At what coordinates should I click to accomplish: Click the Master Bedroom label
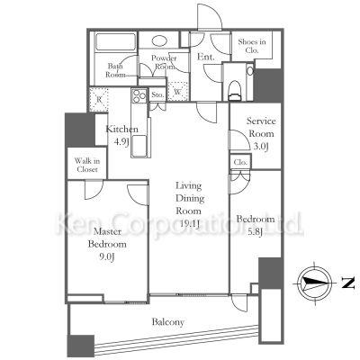(107, 238)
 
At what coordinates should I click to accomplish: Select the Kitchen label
(122, 130)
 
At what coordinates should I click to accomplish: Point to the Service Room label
(260, 127)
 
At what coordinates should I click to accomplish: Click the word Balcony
(168, 322)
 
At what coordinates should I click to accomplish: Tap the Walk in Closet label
(87, 166)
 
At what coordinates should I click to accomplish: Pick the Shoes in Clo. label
(252, 46)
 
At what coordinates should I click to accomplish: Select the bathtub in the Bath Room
(115, 42)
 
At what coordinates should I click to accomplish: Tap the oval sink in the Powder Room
(159, 41)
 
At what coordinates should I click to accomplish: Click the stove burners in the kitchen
(139, 96)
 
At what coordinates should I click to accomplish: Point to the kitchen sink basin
(139, 146)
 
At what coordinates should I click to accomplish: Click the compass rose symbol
(316, 283)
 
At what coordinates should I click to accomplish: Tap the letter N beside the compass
(348, 283)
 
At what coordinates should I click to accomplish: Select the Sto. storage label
(157, 95)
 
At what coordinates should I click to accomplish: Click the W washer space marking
(177, 92)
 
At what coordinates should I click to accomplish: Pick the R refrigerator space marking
(99, 99)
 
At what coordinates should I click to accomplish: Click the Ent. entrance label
(205, 57)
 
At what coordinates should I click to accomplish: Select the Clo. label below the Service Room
(240, 162)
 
